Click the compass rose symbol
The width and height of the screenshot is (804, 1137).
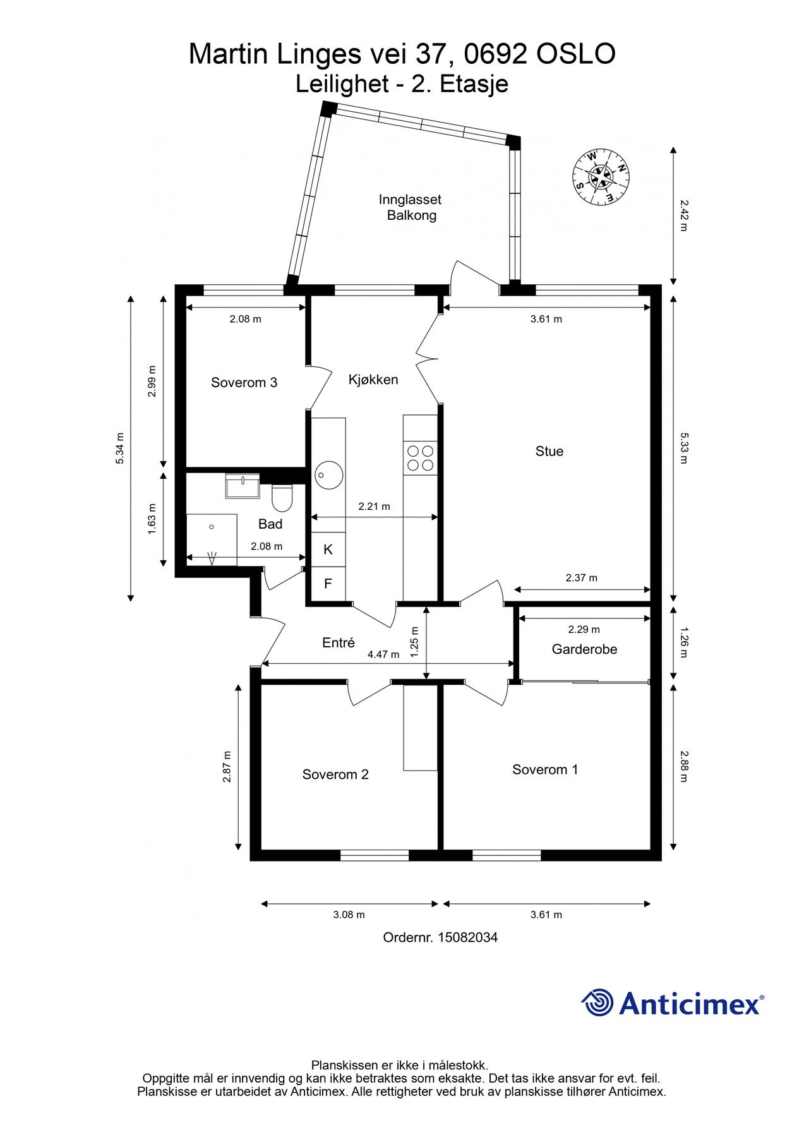[601, 177]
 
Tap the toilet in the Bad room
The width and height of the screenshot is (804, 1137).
[282, 498]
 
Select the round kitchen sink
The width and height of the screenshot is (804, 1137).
[328, 475]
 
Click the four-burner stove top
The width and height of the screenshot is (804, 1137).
[421, 459]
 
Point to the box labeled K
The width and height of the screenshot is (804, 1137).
[328, 550]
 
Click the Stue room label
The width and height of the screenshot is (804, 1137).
[549, 451]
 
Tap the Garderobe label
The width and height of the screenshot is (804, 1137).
[584, 649]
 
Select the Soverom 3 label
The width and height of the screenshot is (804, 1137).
[244, 382]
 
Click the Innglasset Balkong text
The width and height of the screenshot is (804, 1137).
[411, 207]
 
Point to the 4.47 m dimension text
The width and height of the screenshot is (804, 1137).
[383, 655]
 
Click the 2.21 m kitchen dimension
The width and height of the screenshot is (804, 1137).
[374, 507]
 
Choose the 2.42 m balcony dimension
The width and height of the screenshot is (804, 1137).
[683, 215]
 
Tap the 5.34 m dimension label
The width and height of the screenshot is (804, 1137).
[119, 448]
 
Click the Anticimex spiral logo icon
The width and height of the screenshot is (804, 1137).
[597, 1002]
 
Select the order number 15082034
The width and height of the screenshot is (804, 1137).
[468, 937]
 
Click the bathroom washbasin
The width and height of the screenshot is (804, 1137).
[243, 486]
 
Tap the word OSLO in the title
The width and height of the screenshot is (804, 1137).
[576, 54]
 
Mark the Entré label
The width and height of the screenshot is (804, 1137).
[339, 642]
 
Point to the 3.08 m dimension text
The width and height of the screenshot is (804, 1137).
[349, 915]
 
